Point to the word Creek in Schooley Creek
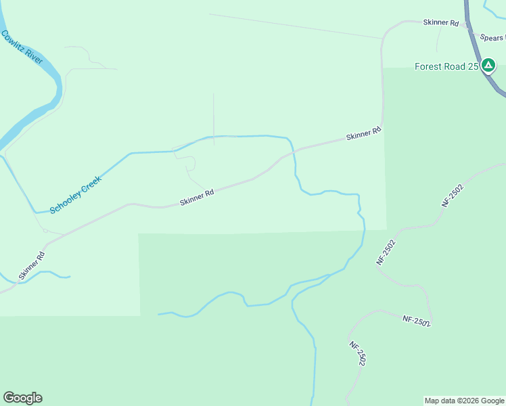pos(91,182)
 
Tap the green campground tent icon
pos(488,66)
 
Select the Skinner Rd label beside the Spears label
pos(441,22)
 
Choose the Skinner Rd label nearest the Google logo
pos(32,266)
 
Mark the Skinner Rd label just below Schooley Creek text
pos(197,198)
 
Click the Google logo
pos(22,398)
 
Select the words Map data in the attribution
pos(438,401)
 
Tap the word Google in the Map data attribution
pos(492,401)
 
